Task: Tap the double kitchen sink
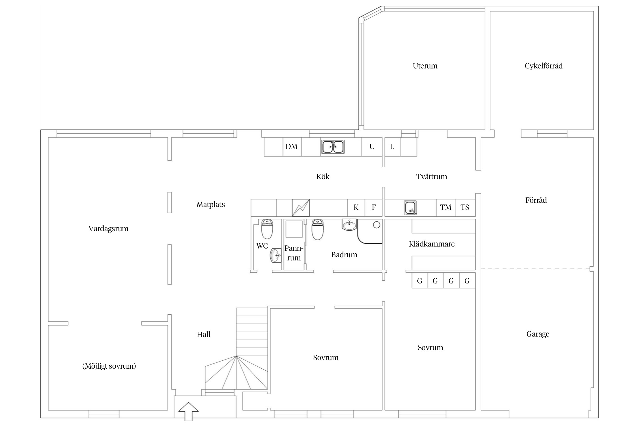coord(333,147)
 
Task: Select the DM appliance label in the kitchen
coord(291,147)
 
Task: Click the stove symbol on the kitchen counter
coord(301,208)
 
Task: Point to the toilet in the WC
coord(267,229)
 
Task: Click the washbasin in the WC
coord(275,255)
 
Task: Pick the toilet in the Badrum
coord(317,229)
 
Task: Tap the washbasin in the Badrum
coord(349,225)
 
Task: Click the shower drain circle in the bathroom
coord(376,225)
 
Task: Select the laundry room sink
coord(410,208)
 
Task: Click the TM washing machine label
coord(445,207)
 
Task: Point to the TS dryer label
coord(465,207)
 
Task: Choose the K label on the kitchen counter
coord(356,207)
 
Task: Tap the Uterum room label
coord(425,66)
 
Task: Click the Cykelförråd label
coord(544,66)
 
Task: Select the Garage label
coord(538,334)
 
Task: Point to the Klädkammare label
coord(432,244)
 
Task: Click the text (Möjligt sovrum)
coord(109,366)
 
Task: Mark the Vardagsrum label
coord(108,229)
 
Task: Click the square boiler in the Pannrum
coord(294,229)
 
